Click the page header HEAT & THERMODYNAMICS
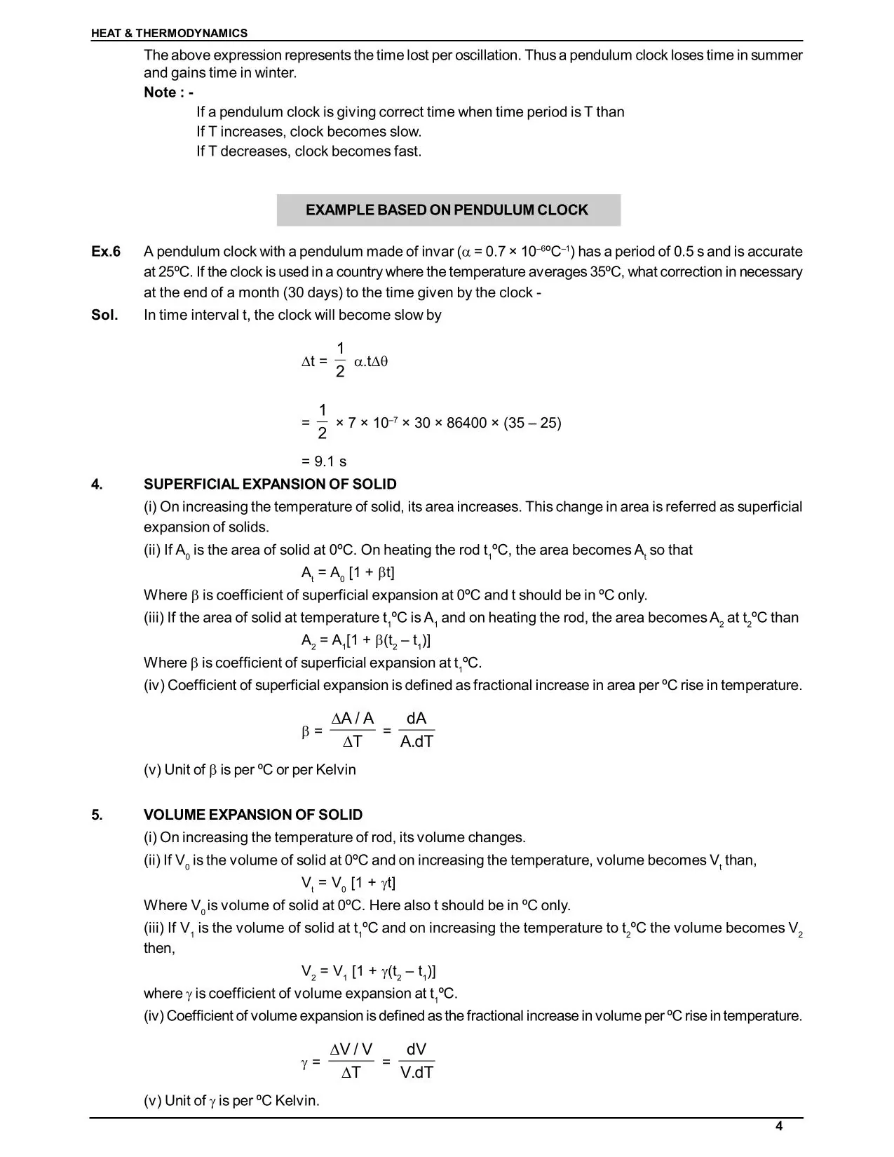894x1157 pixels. [x=169, y=33]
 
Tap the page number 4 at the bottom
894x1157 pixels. [x=779, y=1126]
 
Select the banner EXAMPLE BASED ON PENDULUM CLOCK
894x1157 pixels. [x=447, y=210]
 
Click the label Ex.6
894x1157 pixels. [x=106, y=252]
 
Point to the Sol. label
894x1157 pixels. [x=104, y=315]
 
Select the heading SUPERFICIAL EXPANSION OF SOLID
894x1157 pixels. [x=270, y=484]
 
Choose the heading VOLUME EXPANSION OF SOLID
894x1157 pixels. [x=253, y=815]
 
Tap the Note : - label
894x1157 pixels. [x=168, y=93]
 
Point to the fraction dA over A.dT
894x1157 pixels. [x=416, y=730]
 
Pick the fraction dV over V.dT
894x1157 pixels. [x=416, y=1060]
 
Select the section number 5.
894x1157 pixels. [x=96, y=815]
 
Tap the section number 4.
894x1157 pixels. [x=96, y=484]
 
